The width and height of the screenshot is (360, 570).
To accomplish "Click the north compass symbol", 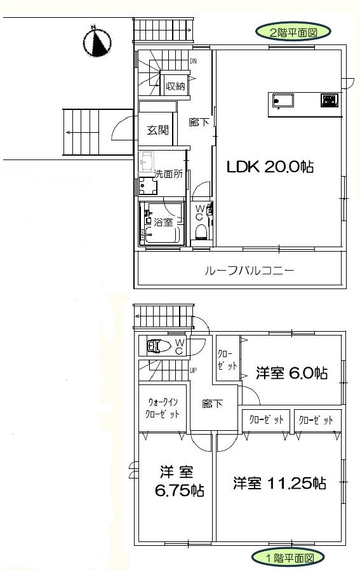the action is pyautogui.click(x=97, y=41).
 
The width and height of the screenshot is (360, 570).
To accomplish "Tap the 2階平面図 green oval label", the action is pyautogui.click(x=293, y=32).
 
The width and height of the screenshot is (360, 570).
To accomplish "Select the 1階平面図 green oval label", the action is pyautogui.click(x=288, y=557).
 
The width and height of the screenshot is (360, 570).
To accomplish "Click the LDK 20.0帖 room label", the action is pyautogui.click(x=270, y=166).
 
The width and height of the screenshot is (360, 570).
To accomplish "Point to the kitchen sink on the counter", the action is pyautogui.click(x=283, y=100).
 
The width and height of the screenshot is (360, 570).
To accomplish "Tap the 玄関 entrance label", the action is pyautogui.click(x=158, y=130).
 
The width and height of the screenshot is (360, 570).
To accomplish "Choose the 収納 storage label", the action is pyautogui.click(x=175, y=86).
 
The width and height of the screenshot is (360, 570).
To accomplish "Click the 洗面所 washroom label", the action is pyautogui.click(x=168, y=173).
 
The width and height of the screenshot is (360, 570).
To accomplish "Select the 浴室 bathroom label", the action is pyautogui.click(x=163, y=221).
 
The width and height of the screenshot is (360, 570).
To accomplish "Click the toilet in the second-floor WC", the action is pyautogui.click(x=201, y=231).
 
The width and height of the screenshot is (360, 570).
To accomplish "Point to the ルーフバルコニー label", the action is pyautogui.click(x=249, y=271).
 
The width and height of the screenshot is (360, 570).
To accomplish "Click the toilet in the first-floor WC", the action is pyautogui.click(x=159, y=346).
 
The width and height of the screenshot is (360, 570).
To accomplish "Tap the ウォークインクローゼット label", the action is pyautogui.click(x=163, y=408).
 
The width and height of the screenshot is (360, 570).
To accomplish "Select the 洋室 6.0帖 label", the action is pyautogui.click(x=292, y=373).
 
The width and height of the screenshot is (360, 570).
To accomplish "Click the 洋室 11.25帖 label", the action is pyautogui.click(x=279, y=483).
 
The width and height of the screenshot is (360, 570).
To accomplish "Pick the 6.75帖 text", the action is pyautogui.click(x=180, y=491).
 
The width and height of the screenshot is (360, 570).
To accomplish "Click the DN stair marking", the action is pyautogui.click(x=193, y=62).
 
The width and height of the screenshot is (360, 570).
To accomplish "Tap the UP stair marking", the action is pyautogui.click(x=193, y=371).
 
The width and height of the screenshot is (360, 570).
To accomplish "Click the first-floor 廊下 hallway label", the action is pyautogui.click(x=213, y=404).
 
